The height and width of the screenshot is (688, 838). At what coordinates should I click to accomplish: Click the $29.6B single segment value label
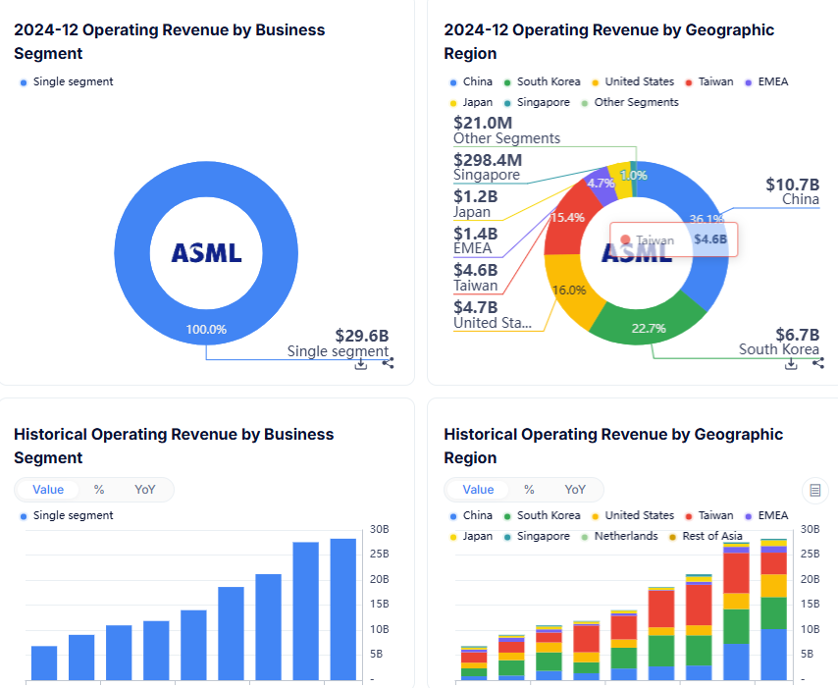click(x=361, y=334)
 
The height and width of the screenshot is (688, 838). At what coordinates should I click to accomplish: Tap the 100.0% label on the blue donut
click(x=206, y=329)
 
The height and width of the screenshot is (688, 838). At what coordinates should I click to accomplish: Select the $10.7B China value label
click(x=792, y=184)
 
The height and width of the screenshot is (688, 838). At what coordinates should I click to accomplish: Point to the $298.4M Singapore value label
click(x=488, y=159)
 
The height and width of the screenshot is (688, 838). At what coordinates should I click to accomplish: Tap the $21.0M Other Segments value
click(x=483, y=123)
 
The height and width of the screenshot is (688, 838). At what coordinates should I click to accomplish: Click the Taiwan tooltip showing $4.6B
click(x=673, y=239)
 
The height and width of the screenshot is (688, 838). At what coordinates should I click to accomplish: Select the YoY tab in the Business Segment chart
click(x=144, y=490)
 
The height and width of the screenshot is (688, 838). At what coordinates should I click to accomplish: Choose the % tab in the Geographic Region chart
click(x=529, y=490)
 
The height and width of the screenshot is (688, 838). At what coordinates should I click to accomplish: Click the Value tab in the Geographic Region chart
click(x=478, y=490)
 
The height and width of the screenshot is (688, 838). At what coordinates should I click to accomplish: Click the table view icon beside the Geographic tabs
click(x=813, y=490)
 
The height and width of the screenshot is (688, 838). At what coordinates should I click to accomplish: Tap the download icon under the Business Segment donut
click(x=361, y=363)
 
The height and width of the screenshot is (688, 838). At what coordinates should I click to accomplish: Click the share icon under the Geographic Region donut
click(x=818, y=363)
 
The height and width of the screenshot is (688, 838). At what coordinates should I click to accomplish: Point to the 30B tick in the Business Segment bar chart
click(x=380, y=529)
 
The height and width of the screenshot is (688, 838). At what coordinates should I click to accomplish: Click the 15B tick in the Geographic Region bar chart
click(x=810, y=604)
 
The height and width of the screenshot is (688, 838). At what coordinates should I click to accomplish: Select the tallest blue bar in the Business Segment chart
click(x=342, y=609)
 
